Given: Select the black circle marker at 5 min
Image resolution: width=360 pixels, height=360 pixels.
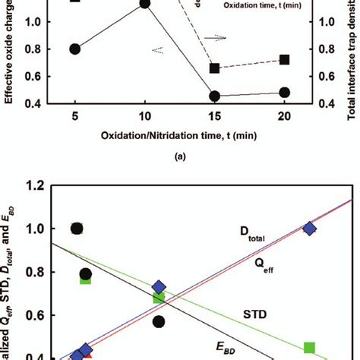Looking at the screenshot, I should pos(75,49).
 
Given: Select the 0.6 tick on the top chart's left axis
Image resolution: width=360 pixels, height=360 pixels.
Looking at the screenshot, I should pos(39,77).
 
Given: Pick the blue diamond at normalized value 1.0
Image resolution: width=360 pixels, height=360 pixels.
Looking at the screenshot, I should pos(309,251).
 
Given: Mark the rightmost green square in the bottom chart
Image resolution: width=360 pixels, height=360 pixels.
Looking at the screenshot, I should pos(310,347).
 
